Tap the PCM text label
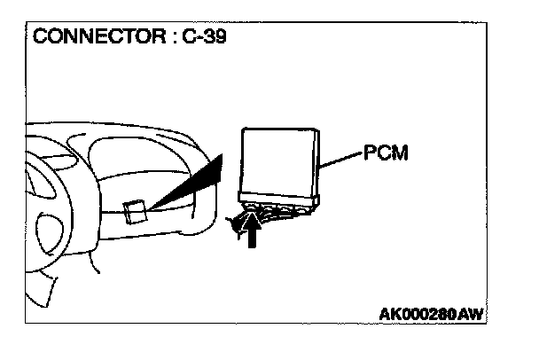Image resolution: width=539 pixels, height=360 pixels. tap(384, 153)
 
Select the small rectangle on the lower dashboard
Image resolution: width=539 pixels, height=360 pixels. tap(135, 213)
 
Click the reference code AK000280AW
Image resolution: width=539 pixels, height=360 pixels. tap(434, 315)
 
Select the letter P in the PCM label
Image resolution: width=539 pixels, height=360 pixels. tap(368, 153)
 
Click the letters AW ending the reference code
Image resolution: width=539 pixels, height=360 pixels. tap(480, 315)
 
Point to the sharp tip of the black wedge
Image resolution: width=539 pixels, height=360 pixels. tap(152, 210)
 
